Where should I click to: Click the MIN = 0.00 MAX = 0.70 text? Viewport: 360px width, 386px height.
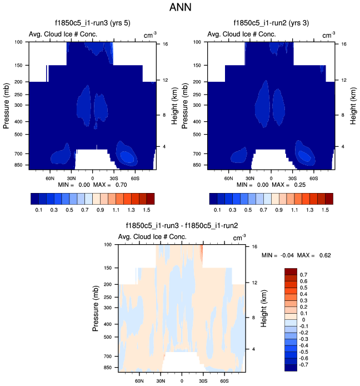click(93, 184)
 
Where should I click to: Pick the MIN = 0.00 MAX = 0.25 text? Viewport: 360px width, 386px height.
click(271, 184)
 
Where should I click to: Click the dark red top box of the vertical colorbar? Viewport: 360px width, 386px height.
click(292, 271)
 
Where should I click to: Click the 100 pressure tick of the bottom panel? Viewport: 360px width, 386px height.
click(108, 244)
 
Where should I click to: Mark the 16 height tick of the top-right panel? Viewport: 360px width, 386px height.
click(344, 43)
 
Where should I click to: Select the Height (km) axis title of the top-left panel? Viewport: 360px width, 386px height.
click(174, 103)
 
